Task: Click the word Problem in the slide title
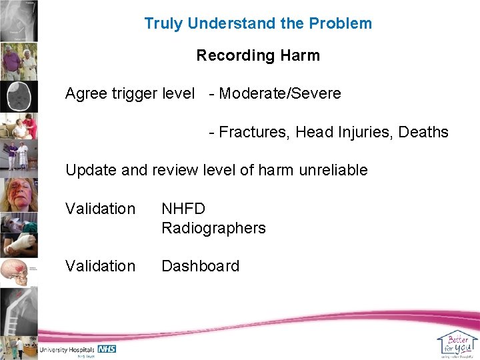coord(342,23)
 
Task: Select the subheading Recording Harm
coord(258,55)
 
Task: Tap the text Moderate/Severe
coord(279,93)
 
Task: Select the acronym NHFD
coord(183,209)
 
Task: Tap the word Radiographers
coord(213,228)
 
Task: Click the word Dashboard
coord(200,266)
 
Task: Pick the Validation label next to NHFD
coord(100,209)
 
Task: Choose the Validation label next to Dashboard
coord(100,266)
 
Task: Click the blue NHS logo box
coord(107,349)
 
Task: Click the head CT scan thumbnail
coord(19,97)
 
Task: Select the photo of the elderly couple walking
coord(19,62)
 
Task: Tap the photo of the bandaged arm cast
coord(19,245)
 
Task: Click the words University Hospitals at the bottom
coord(67,349)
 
